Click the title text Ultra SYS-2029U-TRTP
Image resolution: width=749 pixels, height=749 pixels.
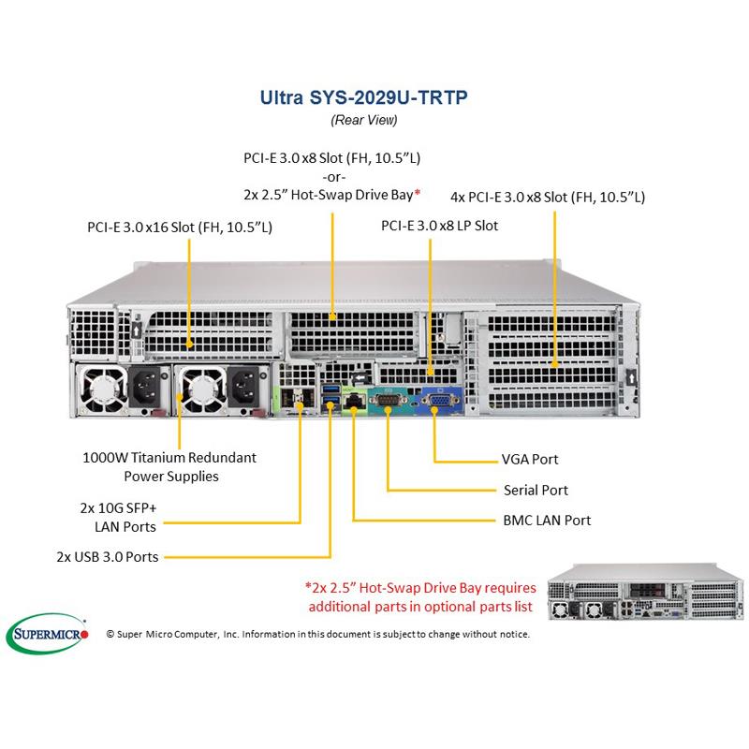click(363, 96)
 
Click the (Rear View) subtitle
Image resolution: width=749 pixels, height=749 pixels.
click(363, 119)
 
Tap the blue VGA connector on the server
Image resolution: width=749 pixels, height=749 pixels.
click(435, 403)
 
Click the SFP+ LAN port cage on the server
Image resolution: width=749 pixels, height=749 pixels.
click(300, 402)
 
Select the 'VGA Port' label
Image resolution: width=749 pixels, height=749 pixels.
click(530, 460)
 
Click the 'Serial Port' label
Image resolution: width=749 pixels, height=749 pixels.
click(536, 490)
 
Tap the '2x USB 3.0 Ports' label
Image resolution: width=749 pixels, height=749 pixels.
click(107, 557)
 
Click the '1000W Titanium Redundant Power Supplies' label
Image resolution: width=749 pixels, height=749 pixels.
click(169, 466)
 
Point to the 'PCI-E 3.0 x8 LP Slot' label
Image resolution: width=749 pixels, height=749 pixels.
click(439, 226)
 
